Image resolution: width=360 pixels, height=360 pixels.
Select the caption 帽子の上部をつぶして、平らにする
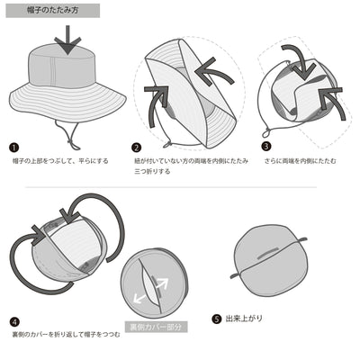[x=60, y=161]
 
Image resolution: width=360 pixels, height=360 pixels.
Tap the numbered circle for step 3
[x=266, y=146]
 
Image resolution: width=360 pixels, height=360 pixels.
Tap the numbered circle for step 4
[x=13, y=320]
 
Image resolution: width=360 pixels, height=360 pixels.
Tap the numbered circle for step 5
[x=216, y=318]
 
